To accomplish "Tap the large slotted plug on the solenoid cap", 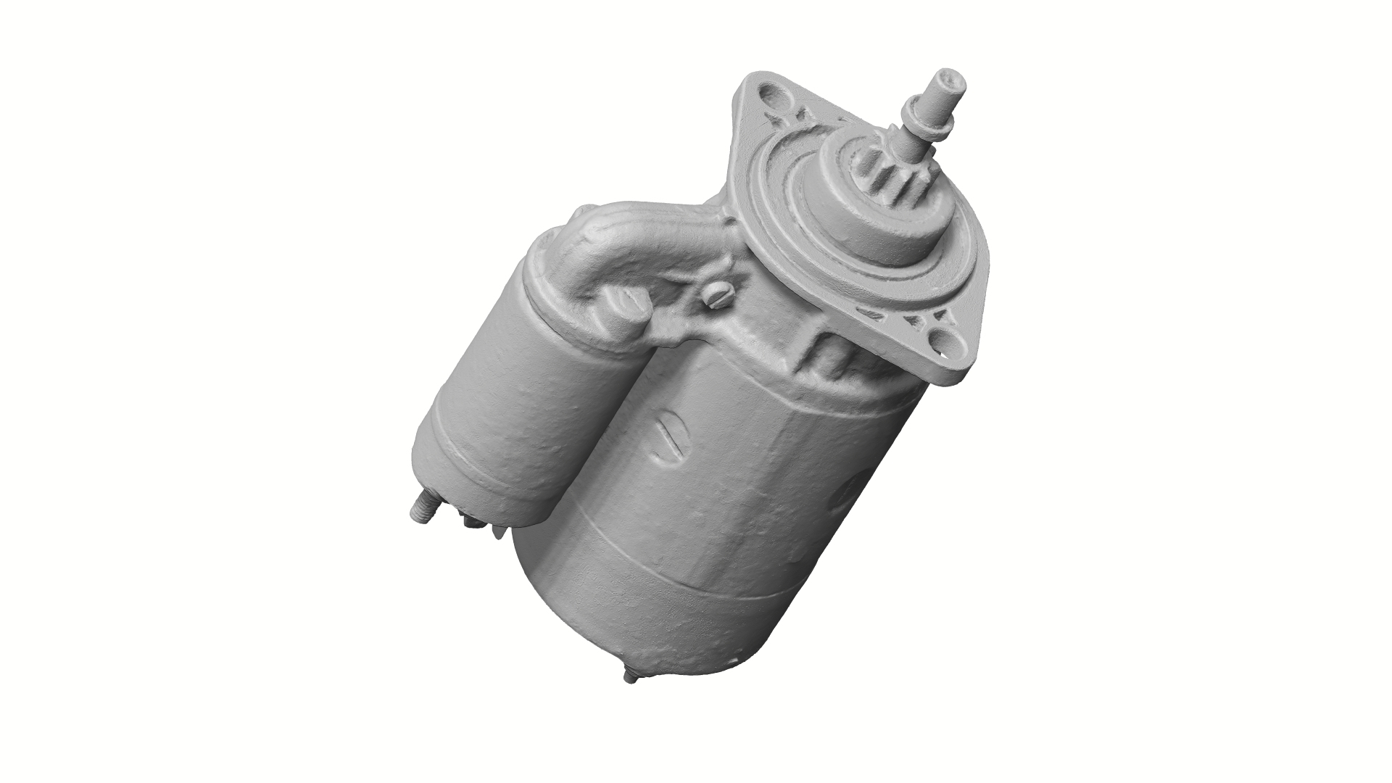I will (623, 304).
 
